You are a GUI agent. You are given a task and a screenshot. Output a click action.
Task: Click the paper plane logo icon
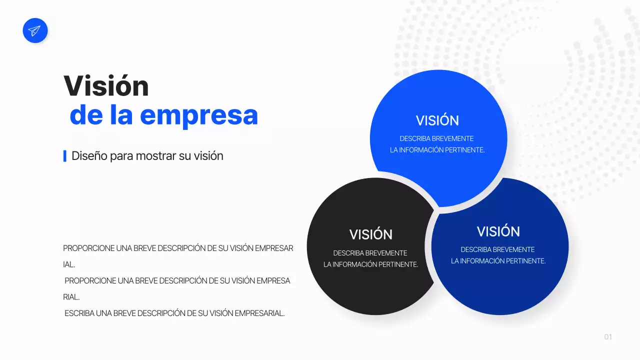pos(35,30)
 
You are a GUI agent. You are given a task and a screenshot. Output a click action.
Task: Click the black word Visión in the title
pos(106,86)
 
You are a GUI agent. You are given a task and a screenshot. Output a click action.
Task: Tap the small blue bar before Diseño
pos(65,156)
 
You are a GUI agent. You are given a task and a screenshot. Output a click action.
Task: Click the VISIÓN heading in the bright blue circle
pos(437,120)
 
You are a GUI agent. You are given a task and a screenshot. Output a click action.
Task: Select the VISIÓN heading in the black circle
pos(370,234)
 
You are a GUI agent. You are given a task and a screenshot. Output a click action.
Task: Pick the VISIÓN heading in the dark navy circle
pos(498,231)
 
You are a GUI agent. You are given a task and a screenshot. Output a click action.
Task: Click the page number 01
pos(608,337)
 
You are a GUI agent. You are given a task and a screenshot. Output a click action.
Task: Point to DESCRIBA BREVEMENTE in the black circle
pos(370,253)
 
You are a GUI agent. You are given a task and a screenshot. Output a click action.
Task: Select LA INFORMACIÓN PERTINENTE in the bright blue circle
pos(437,150)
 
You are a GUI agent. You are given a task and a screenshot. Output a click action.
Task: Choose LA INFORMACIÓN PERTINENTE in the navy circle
pos(498,261)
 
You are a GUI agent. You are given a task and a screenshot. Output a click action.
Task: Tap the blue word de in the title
pos(86,114)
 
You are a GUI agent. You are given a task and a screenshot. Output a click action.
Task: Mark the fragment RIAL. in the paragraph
pos(71,297)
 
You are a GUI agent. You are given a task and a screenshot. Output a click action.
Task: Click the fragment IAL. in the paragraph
pos(69,264)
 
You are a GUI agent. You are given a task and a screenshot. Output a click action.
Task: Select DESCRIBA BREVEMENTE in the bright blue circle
pos(436,138)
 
